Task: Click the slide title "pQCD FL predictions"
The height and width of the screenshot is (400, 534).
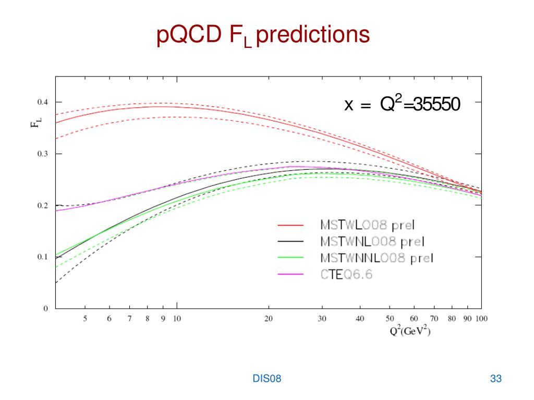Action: point(263,35)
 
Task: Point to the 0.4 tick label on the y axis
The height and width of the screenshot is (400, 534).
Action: point(41,102)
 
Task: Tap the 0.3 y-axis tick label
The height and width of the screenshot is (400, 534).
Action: point(41,154)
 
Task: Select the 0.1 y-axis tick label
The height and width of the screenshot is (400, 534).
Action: point(41,257)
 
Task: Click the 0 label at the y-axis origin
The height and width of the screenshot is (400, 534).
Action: point(45,308)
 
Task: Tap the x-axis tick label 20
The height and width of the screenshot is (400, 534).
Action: point(269,319)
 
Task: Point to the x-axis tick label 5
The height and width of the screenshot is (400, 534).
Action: point(86,319)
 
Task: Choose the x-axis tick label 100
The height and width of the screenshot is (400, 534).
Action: point(481,319)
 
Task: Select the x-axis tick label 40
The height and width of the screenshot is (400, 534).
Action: point(360,319)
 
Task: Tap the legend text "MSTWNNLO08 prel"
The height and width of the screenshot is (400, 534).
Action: point(377,258)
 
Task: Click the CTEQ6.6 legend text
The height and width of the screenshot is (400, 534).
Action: point(346,274)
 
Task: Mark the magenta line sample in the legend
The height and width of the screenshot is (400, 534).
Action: point(290,275)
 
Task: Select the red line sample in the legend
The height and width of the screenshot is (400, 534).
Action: point(290,226)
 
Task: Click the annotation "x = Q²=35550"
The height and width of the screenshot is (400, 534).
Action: point(402,105)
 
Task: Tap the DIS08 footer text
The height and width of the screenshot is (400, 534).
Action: point(267,379)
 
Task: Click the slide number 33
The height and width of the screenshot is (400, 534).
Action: point(496,379)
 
